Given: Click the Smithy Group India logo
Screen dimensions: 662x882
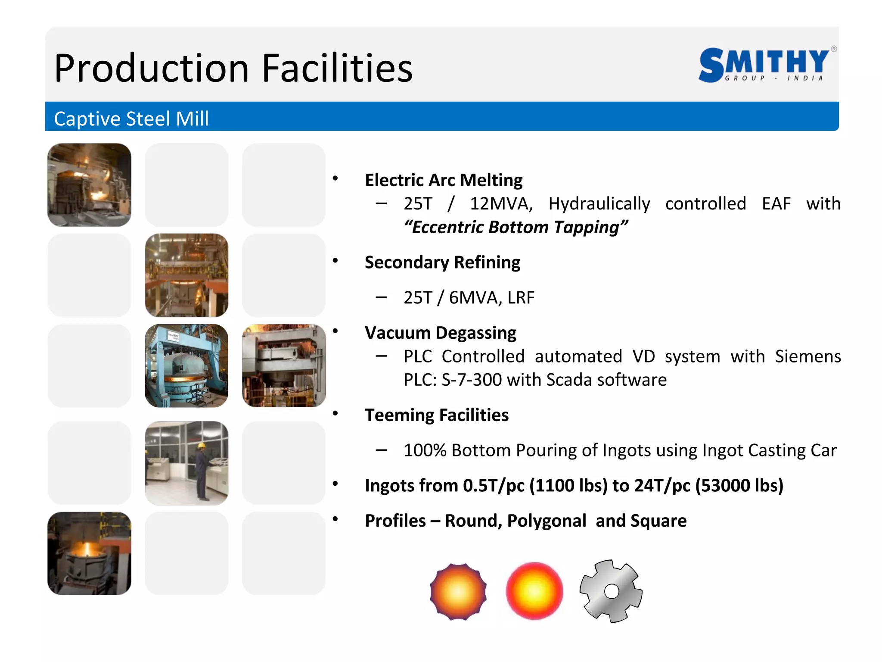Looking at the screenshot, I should point(765,65).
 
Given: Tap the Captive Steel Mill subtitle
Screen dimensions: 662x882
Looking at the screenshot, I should point(131,119).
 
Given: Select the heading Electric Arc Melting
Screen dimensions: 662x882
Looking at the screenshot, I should point(444,180).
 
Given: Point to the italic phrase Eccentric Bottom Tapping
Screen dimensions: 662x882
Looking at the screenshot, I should point(516,227).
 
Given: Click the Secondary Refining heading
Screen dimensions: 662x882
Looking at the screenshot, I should point(442,262).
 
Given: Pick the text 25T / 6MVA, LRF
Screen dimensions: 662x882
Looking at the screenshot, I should point(469,297).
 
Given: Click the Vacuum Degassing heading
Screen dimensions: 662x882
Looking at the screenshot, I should point(440,333).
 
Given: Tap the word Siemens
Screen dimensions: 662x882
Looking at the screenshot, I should point(807,356).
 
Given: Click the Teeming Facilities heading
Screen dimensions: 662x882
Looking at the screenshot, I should point(436,415).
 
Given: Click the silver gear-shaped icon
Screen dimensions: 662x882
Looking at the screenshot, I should point(611,591).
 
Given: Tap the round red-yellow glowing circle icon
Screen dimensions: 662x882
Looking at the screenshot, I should point(534,591).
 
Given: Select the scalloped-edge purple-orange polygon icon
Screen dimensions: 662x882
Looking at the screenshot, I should point(458,591).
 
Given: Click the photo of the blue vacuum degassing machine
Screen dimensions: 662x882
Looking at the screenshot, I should point(186,366).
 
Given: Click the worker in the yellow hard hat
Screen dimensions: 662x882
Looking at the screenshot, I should point(202,470).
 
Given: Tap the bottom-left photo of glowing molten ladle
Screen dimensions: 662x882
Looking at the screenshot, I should point(89,553).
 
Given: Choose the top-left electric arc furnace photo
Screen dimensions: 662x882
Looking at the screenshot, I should point(89,185).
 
